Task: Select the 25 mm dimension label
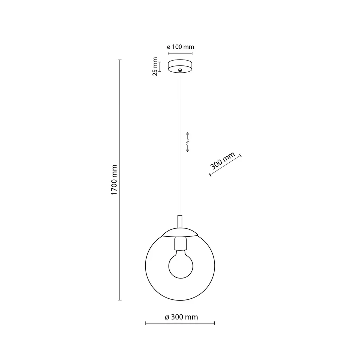click(155, 66)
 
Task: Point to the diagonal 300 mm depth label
click(222, 161)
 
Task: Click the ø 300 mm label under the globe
click(181, 317)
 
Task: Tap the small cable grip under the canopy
click(180, 70)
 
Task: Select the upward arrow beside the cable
click(188, 135)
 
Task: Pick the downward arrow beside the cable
click(188, 149)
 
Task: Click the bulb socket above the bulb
click(181, 243)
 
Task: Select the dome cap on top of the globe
click(180, 232)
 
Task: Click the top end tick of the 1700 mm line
click(120, 60)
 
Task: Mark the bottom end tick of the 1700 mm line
click(120, 300)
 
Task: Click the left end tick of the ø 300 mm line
click(146, 324)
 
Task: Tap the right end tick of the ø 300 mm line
click(214, 324)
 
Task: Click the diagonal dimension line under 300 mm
click(225, 166)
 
